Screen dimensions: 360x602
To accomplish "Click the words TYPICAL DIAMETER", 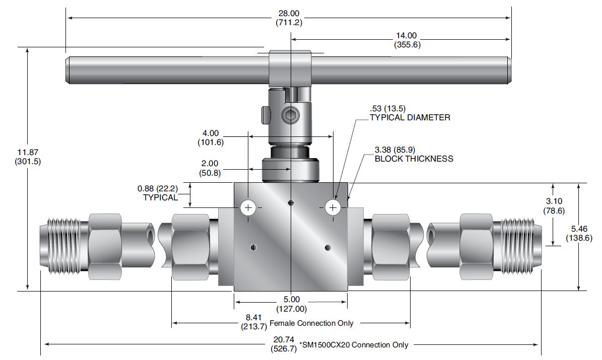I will [x=410, y=117].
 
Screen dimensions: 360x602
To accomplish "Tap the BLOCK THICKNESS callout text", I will [x=414, y=159].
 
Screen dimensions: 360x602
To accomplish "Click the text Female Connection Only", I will [x=311, y=323].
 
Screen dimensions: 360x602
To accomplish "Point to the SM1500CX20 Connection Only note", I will [x=354, y=345].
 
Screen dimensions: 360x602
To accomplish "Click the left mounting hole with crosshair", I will [x=248, y=207].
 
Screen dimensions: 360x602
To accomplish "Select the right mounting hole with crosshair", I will [x=332, y=207].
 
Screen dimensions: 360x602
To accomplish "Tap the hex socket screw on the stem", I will [x=291, y=117].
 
